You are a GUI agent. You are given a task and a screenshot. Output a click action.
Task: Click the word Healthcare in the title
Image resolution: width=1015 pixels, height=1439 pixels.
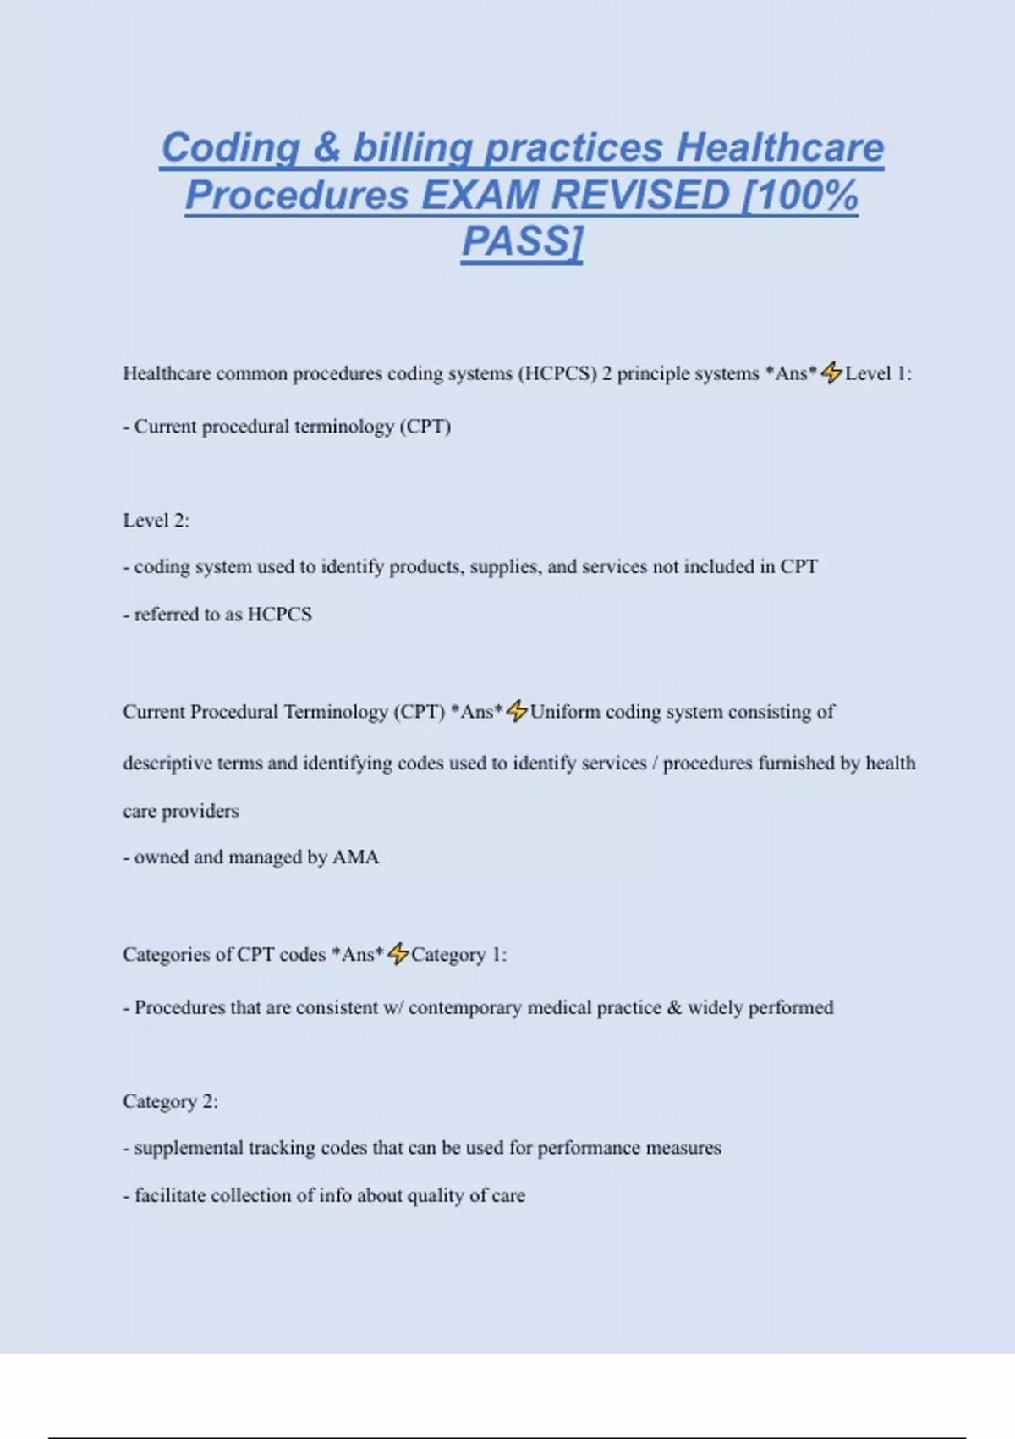tap(780, 147)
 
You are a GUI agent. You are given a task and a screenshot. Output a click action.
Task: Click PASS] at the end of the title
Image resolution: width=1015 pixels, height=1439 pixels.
tap(522, 242)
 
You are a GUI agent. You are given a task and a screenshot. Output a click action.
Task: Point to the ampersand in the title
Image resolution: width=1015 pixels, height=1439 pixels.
tap(326, 147)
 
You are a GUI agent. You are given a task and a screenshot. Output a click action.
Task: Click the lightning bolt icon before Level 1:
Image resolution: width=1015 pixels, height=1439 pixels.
tap(832, 372)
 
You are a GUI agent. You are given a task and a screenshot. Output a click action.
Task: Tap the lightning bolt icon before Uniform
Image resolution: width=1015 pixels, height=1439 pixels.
tap(517, 711)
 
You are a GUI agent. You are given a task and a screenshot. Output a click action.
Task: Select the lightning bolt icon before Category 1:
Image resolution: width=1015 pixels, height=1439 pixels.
tap(398, 954)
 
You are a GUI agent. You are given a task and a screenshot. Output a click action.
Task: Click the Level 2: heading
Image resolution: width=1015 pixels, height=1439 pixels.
tap(156, 520)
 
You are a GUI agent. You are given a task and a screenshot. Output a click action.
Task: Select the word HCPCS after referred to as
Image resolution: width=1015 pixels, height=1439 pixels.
tap(279, 614)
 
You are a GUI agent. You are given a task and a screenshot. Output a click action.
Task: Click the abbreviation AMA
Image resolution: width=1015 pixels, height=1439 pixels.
tap(356, 857)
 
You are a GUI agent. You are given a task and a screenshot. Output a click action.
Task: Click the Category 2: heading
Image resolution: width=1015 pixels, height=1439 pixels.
tap(170, 1101)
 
